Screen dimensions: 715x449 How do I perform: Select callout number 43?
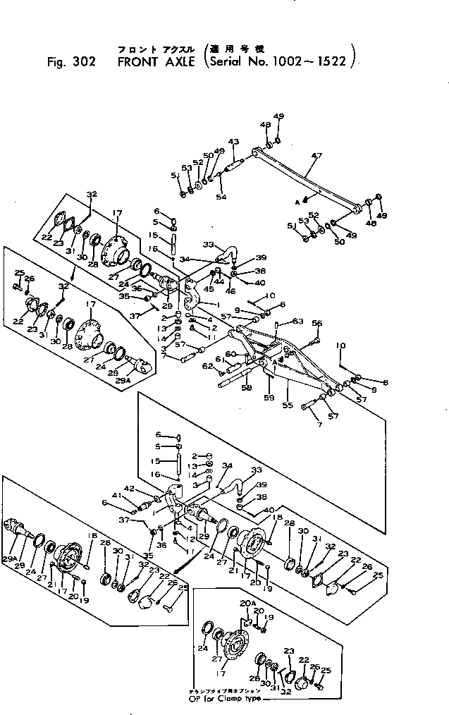tap(235, 142)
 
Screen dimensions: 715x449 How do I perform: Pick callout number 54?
tap(221, 197)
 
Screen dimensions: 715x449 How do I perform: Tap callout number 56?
tap(317, 324)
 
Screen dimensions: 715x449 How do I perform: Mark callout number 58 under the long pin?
tap(247, 388)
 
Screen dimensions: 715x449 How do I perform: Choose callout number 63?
tap(298, 322)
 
